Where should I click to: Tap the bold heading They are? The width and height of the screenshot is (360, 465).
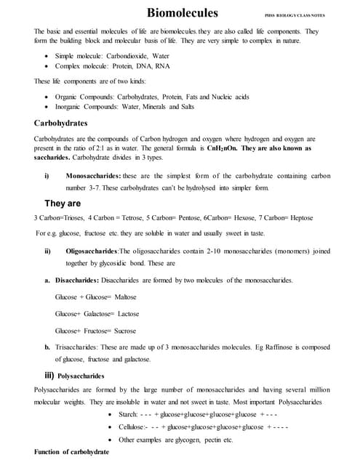coord(63,203)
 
